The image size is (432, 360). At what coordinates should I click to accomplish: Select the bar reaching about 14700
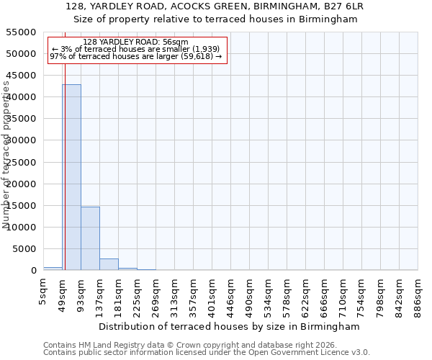(90, 238)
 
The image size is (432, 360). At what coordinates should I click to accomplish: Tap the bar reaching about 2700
(109, 264)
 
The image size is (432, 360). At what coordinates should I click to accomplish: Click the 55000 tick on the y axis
(22, 32)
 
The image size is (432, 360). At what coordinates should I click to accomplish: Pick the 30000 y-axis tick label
(22, 140)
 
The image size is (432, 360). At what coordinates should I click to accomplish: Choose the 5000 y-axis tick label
(24, 249)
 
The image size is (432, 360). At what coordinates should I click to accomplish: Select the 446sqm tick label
(231, 297)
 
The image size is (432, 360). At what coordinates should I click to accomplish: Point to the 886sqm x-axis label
(418, 297)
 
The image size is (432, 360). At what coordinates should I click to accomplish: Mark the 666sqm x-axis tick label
(325, 297)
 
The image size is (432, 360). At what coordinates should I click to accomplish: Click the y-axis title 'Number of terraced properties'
(6, 155)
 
